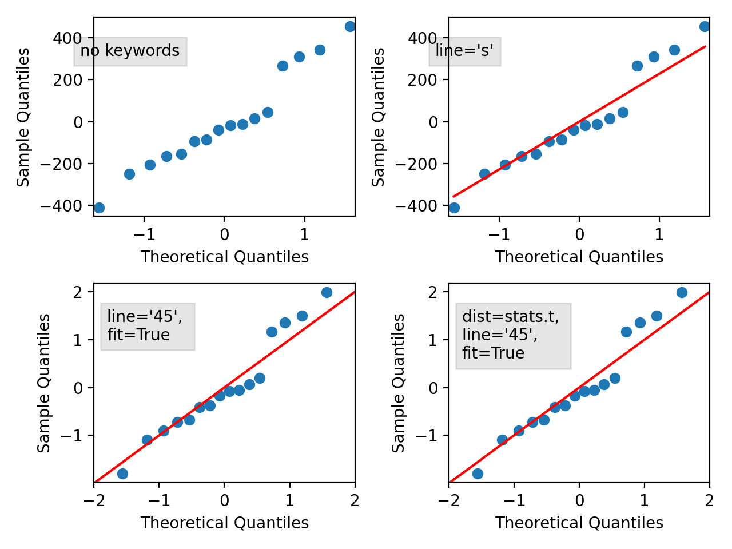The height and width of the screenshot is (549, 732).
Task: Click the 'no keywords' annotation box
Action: (130, 51)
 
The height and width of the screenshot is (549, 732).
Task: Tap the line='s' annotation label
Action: (464, 51)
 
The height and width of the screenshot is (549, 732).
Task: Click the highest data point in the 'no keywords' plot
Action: (350, 27)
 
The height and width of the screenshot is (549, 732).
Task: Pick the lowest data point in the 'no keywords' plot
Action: (99, 208)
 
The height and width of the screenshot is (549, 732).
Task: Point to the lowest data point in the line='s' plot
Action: (454, 208)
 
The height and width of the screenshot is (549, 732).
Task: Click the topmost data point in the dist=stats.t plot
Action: (682, 292)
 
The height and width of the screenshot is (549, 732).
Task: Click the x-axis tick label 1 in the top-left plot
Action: (304, 234)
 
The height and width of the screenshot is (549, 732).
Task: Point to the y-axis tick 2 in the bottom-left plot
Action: (78, 292)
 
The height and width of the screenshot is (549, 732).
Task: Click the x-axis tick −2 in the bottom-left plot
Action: (94, 501)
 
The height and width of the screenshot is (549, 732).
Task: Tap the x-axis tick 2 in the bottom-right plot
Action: (709, 501)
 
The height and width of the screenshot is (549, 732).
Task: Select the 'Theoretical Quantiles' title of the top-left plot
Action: (225, 257)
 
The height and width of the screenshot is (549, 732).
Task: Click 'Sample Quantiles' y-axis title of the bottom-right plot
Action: (399, 383)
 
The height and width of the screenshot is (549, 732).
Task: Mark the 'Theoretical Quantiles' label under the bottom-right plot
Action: (579, 523)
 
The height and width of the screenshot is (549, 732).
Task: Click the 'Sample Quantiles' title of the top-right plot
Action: (379, 117)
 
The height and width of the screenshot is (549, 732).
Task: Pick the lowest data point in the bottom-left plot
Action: (122, 474)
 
